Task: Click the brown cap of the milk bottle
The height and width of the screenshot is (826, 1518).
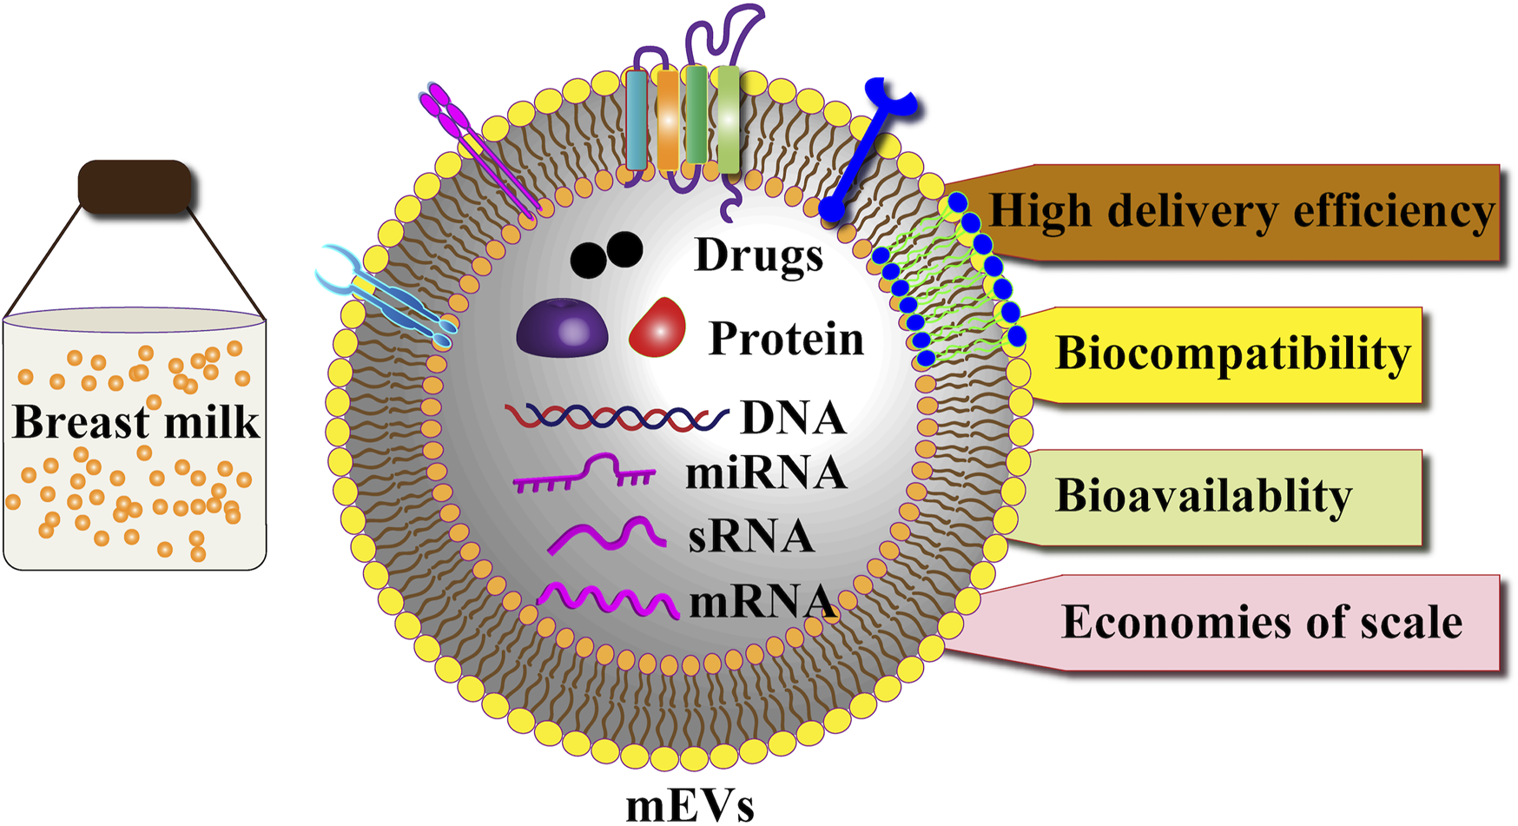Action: click(135, 186)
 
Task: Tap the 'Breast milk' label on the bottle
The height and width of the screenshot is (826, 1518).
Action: click(135, 422)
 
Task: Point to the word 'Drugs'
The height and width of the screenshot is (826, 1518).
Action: click(758, 255)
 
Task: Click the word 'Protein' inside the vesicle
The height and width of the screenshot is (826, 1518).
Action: click(786, 338)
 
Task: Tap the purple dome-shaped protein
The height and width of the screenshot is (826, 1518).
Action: click(562, 327)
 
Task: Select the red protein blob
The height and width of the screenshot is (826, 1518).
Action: click(658, 328)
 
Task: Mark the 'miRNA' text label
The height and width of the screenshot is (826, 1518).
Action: click(765, 474)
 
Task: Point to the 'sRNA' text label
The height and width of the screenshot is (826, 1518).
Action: click(750, 537)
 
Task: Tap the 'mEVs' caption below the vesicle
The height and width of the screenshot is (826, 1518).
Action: click(690, 805)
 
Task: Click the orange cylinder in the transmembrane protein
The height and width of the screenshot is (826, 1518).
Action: click(667, 121)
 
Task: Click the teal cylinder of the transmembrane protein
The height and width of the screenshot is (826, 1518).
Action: click(637, 121)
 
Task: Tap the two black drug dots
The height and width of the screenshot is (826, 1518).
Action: click(606, 254)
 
